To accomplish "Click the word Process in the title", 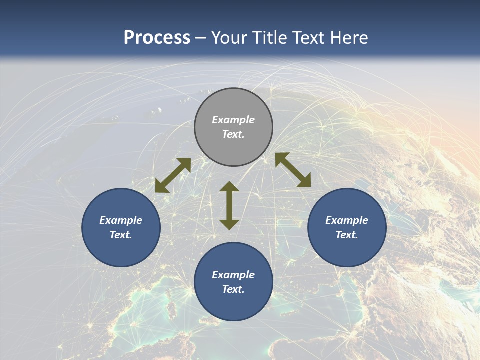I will coord(157,38).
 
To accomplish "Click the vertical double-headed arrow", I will coord(229,206).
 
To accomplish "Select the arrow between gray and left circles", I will coord(173,175).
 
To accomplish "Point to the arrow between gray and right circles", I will coord(293,170).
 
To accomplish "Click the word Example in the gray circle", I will coord(233,120).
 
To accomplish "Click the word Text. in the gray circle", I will coord(233,134).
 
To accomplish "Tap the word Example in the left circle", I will coord(121,220).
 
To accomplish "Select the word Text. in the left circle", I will coord(121,235).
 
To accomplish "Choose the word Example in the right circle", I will coord(347,220).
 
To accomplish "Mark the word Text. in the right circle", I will coord(347,235).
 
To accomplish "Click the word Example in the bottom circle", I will coord(233,275).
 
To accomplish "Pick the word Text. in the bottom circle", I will coord(233,289).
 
